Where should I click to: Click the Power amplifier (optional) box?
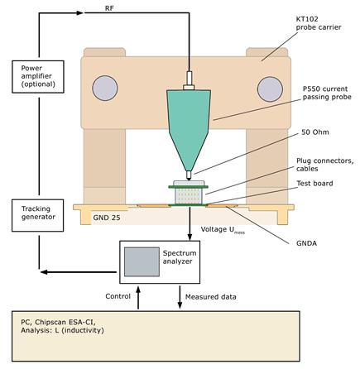pyautogui.click(x=38, y=77)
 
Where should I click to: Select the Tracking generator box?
pyautogui.click(x=38, y=215)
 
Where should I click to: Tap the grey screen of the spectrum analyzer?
pyautogui.click(x=142, y=261)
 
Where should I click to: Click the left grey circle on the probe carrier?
pyautogui.click(x=105, y=89)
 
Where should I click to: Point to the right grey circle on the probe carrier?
pyautogui.click(x=270, y=89)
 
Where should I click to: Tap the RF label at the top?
pyautogui.click(x=109, y=8)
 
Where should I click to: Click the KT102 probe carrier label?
pyautogui.click(x=319, y=23)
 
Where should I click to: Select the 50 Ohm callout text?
pyautogui.click(x=315, y=132)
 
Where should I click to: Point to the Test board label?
pyautogui.click(x=314, y=184)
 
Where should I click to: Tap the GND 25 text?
pyautogui.click(x=107, y=218)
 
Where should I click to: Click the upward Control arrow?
pyautogui.click(x=138, y=298)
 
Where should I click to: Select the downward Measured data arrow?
pyautogui.click(x=180, y=297)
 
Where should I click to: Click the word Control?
pyautogui.click(x=118, y=296)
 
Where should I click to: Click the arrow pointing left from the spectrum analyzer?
pyautogui.click(x=79, y=272)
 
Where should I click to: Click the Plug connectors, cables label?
pyautogui.click(x=324, y=165)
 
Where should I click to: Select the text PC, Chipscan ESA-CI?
pyautogui.click(x=58, y=322)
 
